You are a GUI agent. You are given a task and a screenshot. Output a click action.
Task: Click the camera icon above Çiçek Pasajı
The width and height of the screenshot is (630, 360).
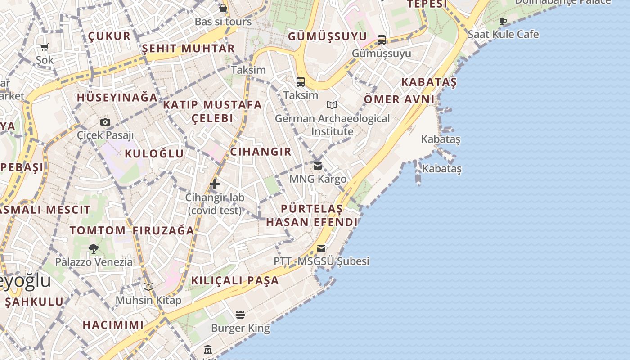pos(105,122)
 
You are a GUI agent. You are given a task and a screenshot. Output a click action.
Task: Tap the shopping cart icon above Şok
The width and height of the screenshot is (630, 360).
pos(45,47)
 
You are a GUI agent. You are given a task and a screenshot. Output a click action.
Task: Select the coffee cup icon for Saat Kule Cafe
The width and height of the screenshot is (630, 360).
pos(503,21)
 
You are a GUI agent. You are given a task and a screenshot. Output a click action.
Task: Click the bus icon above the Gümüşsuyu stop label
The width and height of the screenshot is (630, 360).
pos(382,40)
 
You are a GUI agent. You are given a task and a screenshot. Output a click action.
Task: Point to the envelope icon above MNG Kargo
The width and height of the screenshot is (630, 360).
pos(318,166)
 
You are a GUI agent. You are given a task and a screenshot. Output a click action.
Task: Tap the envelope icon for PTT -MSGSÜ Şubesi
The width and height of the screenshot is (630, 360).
pos(321,248)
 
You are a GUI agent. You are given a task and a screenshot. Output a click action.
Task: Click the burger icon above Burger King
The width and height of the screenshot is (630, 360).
pos(241,315)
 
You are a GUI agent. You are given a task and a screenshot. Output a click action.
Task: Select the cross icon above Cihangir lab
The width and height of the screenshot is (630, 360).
pos(215,184)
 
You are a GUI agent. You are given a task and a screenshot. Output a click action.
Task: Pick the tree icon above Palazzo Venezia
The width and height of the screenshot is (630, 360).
pos(94,249)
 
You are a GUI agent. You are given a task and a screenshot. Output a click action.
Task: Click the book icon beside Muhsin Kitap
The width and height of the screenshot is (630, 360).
pos(148,287)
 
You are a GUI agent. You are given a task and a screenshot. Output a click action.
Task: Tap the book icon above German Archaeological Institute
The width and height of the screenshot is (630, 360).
pos(332,105)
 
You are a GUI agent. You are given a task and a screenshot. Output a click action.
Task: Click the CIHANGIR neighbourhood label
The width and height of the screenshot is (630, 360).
pos(261,152)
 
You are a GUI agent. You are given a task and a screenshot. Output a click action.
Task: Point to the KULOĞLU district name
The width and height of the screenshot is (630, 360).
pos(154,153)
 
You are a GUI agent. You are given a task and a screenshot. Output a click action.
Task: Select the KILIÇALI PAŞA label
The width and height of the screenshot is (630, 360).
pos(235,280)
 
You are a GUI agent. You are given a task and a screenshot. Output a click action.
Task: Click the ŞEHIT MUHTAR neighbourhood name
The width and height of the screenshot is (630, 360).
pos(189,48)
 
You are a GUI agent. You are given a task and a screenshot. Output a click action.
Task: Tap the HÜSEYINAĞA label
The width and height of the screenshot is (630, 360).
pos(117,97)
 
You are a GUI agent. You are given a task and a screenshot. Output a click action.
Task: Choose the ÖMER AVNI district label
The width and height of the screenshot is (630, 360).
pos(399,99)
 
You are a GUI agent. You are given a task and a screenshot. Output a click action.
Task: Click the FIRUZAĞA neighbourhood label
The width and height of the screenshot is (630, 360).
pos(163,230)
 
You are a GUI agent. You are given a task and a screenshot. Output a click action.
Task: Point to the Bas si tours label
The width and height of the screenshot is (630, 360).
pos(223,22)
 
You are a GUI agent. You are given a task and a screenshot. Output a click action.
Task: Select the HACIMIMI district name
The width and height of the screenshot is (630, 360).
pos(113,324)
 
